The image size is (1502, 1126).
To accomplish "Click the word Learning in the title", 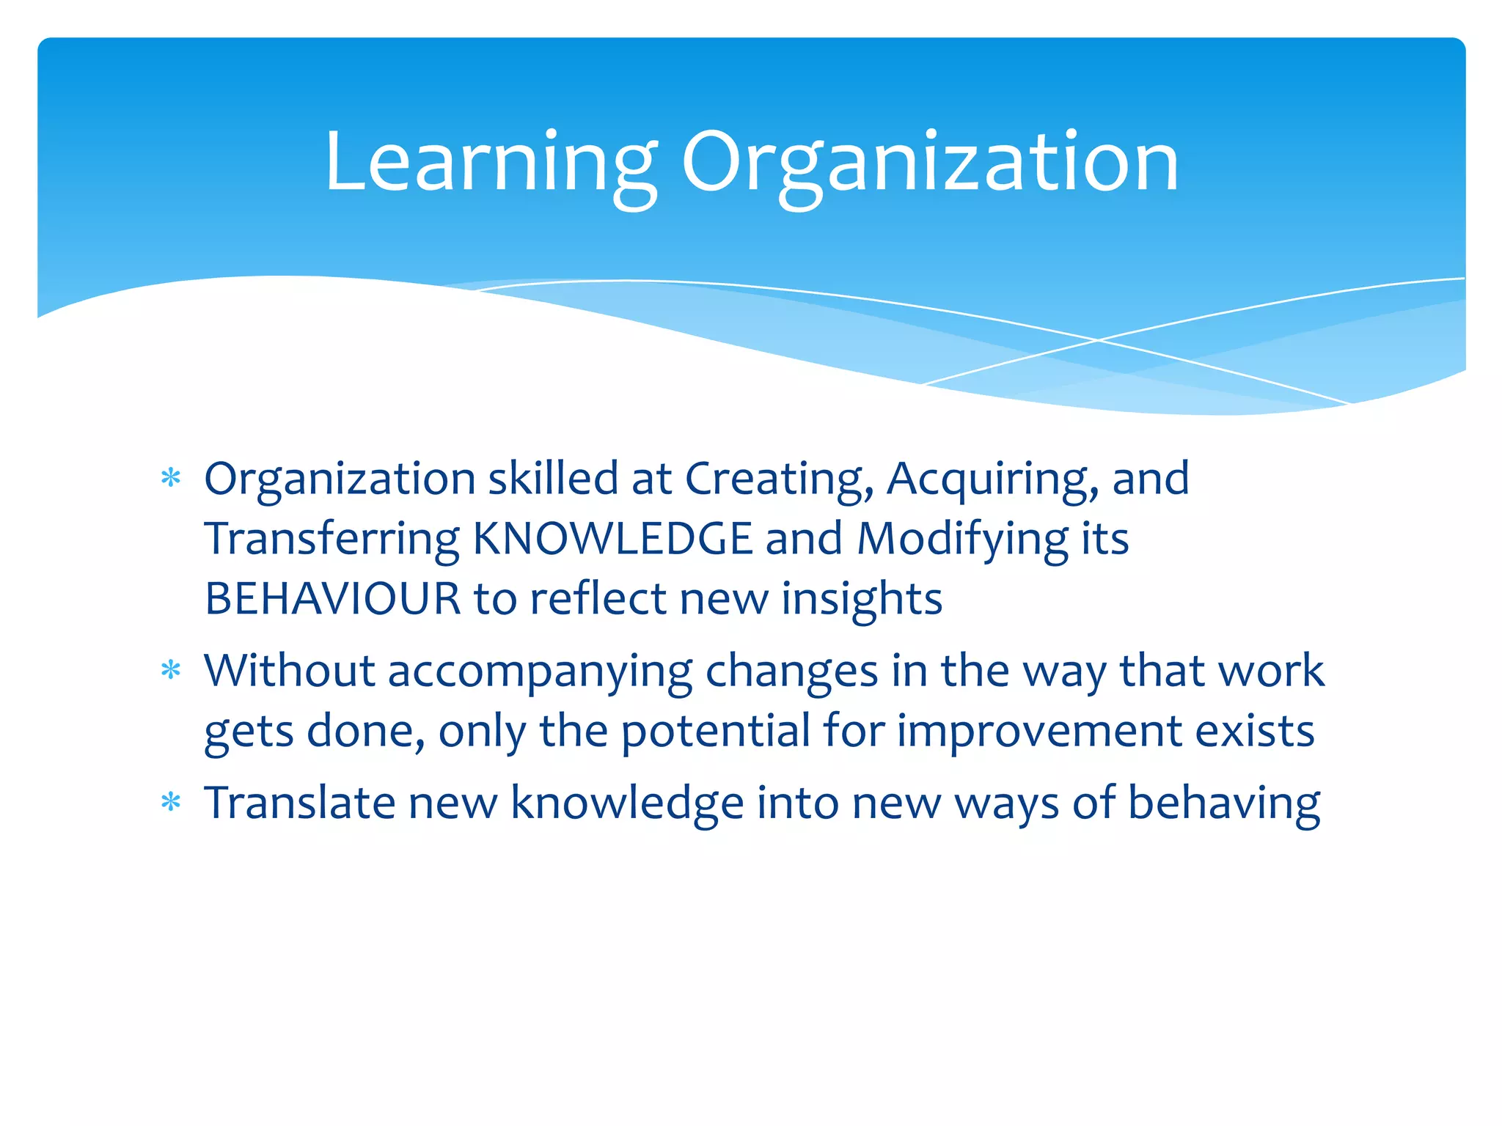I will pos(490,163).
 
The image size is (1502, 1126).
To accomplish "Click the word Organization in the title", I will pos(929,163).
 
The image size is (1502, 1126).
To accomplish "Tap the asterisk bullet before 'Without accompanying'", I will pos(171,671).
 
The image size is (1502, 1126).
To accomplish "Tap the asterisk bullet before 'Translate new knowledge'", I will pos(171,803).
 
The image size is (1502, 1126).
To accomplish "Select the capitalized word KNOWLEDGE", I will pos(612,539).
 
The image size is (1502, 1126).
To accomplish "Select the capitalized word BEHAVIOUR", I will pos(332,598).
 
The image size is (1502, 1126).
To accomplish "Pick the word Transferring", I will pos(332,539).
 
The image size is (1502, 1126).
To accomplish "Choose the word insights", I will pos(861,598).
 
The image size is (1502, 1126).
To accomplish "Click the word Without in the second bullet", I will pos(289,671).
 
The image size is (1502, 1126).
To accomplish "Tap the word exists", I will pos(1254,732).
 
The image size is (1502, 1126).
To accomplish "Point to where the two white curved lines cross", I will pos(1098,340).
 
